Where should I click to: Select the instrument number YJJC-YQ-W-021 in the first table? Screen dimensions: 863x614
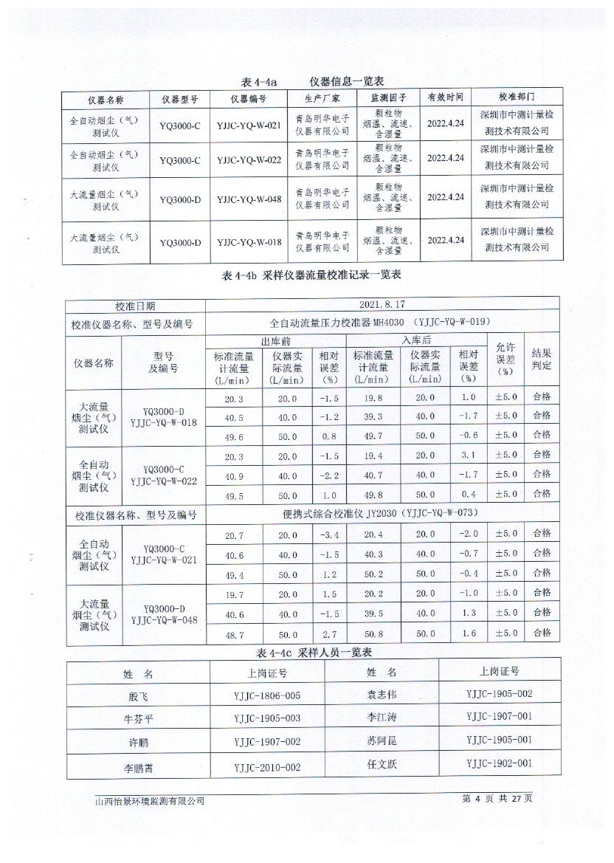pos(249,125)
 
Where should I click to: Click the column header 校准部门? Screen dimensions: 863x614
pos(517,97)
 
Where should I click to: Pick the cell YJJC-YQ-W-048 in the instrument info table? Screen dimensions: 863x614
pos(249,199)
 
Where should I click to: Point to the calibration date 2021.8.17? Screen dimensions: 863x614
pos(382,304)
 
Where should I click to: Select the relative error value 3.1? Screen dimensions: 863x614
pos(469,455)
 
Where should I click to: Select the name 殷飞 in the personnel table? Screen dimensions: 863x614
pos(138,695)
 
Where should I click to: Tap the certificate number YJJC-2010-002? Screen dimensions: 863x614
pos(267,768)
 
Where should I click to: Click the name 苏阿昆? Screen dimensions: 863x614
pos(382,740)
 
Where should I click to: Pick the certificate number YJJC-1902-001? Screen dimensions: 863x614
pos(499,764)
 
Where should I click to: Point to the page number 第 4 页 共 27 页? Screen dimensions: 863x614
pos(497,799)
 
